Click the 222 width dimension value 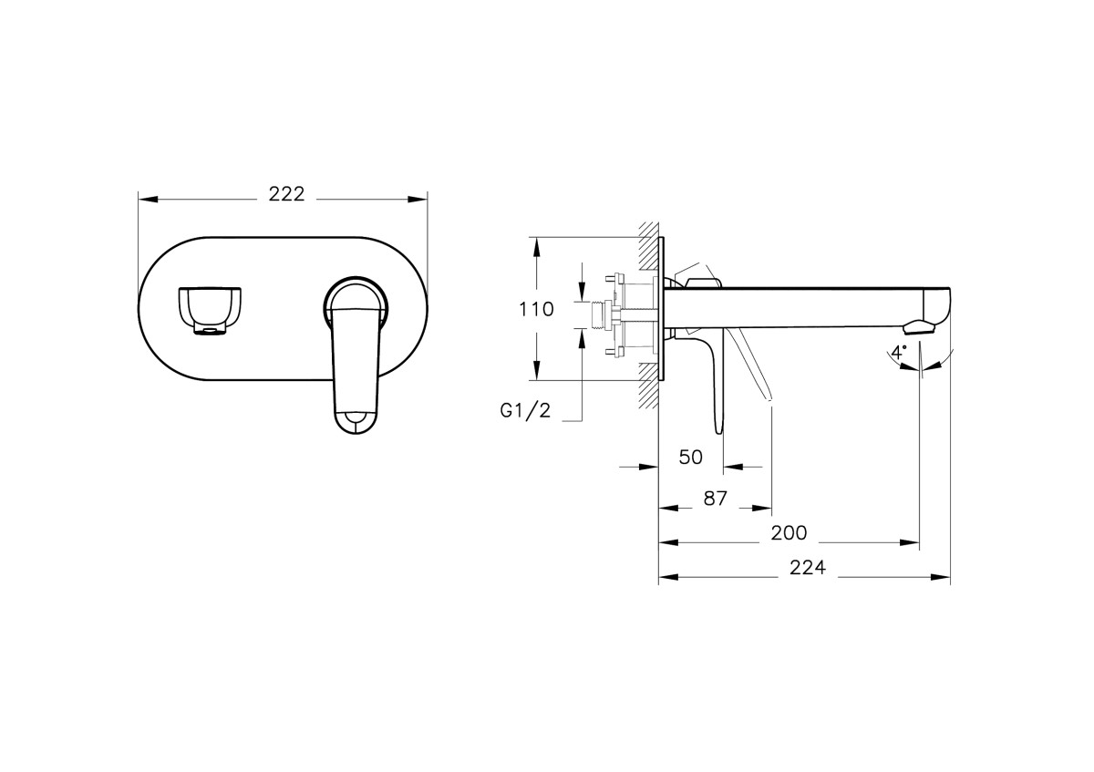(x=285, y=194)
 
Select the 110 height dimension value (x=536, y=309)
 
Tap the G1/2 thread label (x=525, y=411)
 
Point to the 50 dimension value (x=691, y=458)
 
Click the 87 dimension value (x=716, y=499)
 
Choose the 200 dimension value (x=789, y=533)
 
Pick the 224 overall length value (x=807, y=568)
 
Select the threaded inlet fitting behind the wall (x=599, y=313)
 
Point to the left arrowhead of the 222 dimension (x=144, y=198)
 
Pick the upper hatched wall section (x=648, y=246)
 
